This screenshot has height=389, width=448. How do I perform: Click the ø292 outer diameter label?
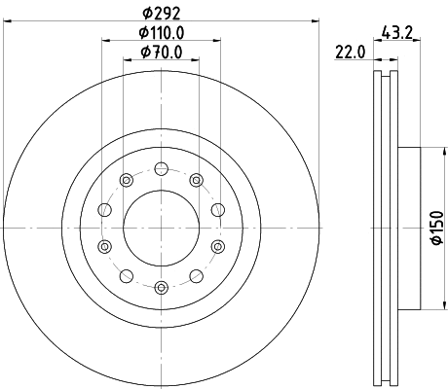click(x=162, y=14)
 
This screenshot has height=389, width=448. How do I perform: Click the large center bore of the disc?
click(x=162, y=227)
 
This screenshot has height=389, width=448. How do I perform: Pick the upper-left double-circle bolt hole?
click(x=127, y=178)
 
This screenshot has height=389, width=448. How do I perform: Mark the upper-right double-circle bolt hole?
click(x=197, y=178)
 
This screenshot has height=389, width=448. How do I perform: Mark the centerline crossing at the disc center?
click(x=162, y=227)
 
